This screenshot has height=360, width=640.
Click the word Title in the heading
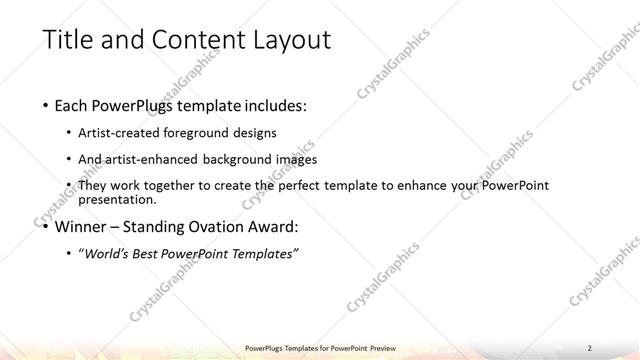click(x=67, y=41)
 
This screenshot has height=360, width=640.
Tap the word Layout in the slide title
click(x=280, y=41)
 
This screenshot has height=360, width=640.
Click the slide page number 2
click(x=591, y=348)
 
